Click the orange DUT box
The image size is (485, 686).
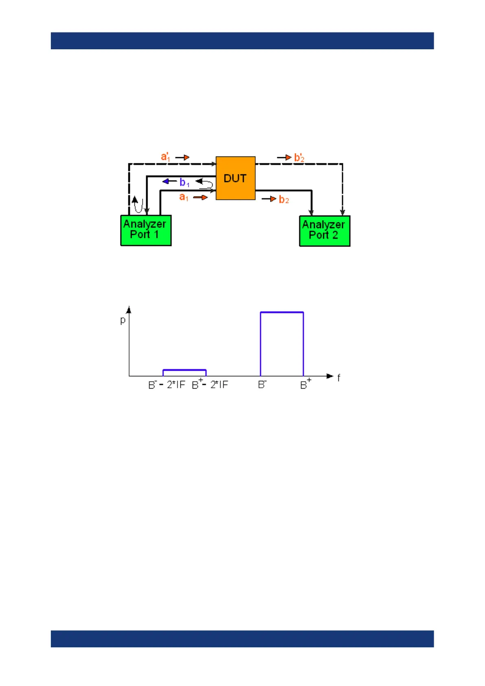point(235,178)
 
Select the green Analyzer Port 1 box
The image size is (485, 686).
point(146,230)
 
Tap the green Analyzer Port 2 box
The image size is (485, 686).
point(325,231)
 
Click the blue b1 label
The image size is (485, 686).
point(184,182)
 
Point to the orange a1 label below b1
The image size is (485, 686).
point(184,197)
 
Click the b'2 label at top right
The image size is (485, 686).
point(299,158)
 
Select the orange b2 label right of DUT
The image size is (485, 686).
point(284,200)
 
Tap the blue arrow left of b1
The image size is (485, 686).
point(169,181)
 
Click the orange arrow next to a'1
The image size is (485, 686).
point(182,157)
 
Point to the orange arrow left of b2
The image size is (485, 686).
point(269,199)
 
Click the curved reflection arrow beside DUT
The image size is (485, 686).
point(206,185)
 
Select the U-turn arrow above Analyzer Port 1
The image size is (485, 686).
point(138,204)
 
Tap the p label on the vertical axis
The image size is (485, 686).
point(123,321)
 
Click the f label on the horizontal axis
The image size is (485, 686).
point(338,378)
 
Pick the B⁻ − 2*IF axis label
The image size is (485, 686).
point(167,385)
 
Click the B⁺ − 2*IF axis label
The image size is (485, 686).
point(210,384)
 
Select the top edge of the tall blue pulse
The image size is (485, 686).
point(282,312)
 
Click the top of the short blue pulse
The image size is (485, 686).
point(184,370)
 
